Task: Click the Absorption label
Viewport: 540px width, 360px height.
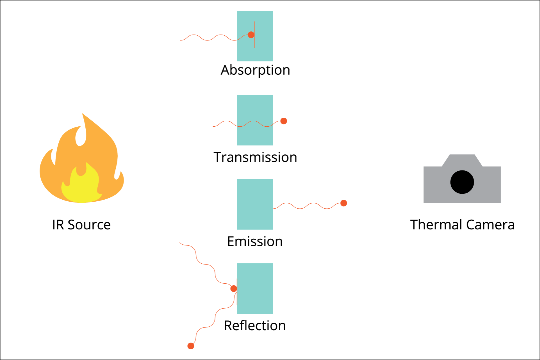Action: pos(255,70)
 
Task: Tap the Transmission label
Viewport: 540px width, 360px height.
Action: pos(255,157)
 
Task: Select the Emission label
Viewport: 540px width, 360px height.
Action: pos(255,241)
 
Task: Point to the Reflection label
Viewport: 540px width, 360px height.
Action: pos(255,326)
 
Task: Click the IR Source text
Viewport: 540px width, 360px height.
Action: pos(81,225)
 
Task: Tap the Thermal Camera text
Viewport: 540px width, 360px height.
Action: pos(462,225)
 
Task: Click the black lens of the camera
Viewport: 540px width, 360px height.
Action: pos(462,182)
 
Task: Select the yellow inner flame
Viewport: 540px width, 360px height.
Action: pos(80,187)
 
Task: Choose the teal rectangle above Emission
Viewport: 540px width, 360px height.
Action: pos(255,204)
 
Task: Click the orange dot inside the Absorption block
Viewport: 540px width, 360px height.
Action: pos(251,35)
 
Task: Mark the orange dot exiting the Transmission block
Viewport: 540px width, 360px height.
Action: pos(284,121)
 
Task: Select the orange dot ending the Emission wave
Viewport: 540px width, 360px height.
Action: pos(344,203)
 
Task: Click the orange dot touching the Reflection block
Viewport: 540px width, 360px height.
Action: pos(234,289)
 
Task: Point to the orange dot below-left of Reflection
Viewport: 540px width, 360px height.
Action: pos(191,346)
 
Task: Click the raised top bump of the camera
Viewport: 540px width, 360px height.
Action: pos(462,160)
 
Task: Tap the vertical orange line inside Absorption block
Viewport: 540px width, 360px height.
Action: pos(254,43)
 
